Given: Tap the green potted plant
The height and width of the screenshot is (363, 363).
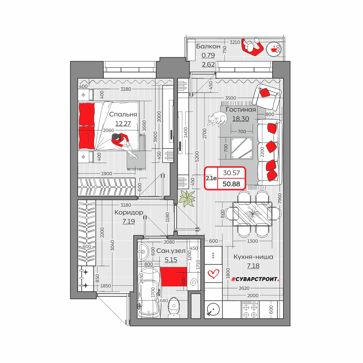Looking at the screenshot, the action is (187, 198).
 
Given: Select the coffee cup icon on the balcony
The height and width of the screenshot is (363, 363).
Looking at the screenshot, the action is (273, 49).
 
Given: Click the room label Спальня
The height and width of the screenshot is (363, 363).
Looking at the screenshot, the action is (123, 114).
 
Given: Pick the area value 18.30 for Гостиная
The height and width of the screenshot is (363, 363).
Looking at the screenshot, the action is (240, 119).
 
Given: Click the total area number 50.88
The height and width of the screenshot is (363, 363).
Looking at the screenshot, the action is (231, 184).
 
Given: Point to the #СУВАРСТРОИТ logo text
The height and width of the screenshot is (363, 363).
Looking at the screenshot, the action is (255, 279).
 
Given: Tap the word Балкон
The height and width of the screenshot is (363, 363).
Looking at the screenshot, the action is (208, 46).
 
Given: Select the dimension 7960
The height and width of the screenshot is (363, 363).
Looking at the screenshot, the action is (280, 198).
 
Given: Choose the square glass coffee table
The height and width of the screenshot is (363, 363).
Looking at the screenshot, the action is (242, 148).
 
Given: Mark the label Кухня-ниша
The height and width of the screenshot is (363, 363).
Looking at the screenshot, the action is (253, 257).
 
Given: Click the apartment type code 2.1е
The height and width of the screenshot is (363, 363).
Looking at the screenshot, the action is (211, 178).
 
